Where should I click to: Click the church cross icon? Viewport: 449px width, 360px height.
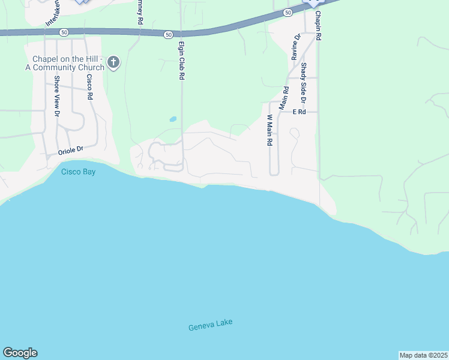point(114,61)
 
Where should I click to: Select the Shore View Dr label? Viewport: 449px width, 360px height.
point(57,95)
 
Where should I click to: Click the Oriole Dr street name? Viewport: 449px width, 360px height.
point(70,151)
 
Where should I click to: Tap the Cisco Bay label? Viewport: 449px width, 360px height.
point(78,172)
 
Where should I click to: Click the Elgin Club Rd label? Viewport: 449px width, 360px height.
point(181,60)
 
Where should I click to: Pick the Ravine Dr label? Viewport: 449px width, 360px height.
point(297,47)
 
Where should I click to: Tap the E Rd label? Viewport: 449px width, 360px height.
point(300,112)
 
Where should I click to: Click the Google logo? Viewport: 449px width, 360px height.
point(20,353)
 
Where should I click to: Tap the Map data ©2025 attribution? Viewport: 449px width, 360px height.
point(424,355)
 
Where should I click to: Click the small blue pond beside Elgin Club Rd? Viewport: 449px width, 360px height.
point(173,119)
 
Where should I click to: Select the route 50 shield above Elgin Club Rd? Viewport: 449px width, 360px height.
point(168,35)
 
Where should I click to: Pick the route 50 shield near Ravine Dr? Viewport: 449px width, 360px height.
point(288,12)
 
